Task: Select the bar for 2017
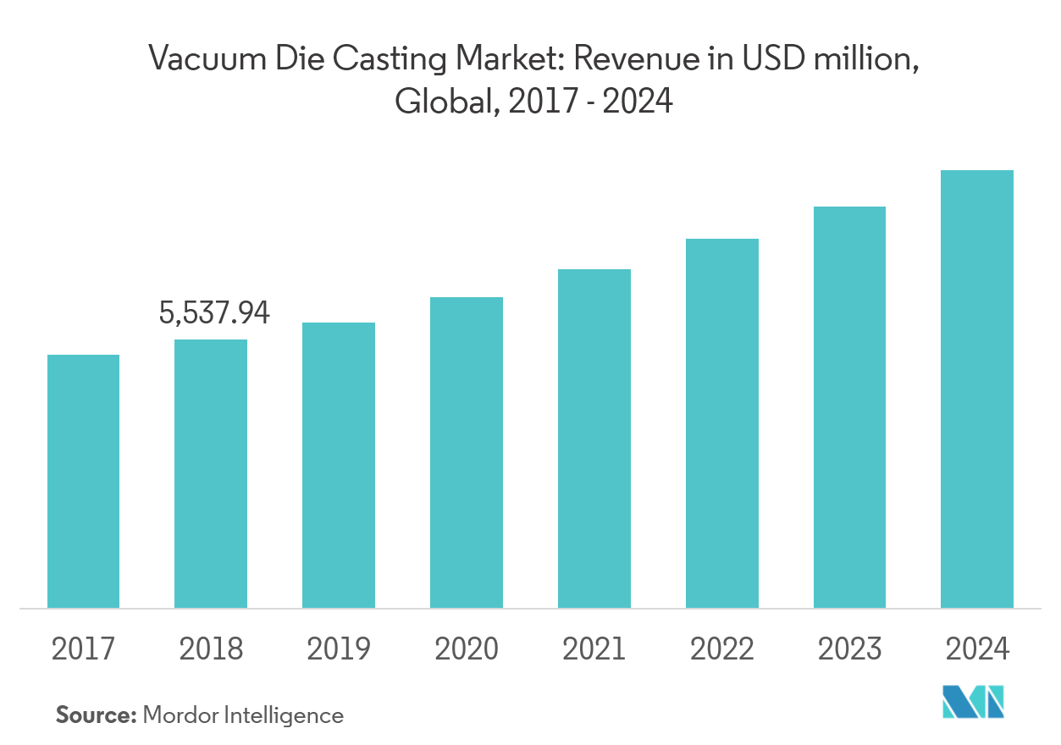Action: [83, 481]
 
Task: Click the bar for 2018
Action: [211, 473]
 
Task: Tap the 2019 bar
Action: [339, 465]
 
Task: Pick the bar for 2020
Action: [467, 452]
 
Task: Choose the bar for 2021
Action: [594, 439]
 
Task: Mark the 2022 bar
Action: [722, 423]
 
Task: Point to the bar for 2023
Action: [849, 407]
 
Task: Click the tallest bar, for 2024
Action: [977, 389]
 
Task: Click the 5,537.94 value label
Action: [214, 314]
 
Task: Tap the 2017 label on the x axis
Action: [83, 649]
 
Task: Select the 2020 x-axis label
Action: [467, 649]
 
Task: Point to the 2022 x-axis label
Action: [722, 649]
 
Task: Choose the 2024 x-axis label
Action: [978, 649]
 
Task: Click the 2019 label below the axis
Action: [339, 649]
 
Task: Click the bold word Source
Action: [96, 715]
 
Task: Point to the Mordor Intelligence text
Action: [243, 715]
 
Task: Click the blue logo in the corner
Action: [973, 702]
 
